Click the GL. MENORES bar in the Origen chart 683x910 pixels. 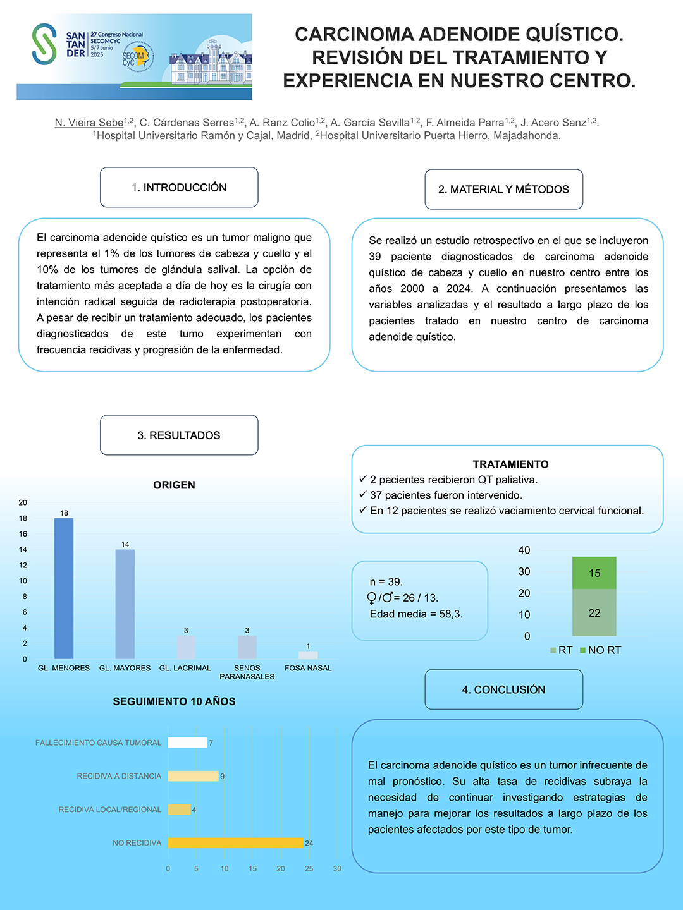coord(64,588)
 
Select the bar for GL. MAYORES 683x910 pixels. coord(125,604)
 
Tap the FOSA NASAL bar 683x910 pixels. coord(308,655)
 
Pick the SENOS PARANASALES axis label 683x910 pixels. coord(247,672)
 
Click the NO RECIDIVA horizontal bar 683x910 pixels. coord(235,843)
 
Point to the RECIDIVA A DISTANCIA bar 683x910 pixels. coord(193,776)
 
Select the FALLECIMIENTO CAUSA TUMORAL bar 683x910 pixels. coord(187,743)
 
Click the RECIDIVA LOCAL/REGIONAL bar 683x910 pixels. coord(179,810)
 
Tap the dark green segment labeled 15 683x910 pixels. coord(594,573)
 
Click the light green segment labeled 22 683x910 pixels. coord(594,613)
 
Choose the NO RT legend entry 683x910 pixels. coord(600,650)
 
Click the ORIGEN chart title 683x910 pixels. coord(174,485)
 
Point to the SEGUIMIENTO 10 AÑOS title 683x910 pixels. coord(174,701)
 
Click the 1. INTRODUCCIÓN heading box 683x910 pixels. coord(179,188)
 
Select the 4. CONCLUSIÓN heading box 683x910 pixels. coord(503,690)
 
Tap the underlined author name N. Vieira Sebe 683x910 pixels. coord(89,123)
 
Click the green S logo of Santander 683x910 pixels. coord(44,44)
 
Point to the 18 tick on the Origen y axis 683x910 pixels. coord(23,518)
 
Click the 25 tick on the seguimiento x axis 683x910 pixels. coord(309,869)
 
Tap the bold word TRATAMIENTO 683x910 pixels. coord(510,464)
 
